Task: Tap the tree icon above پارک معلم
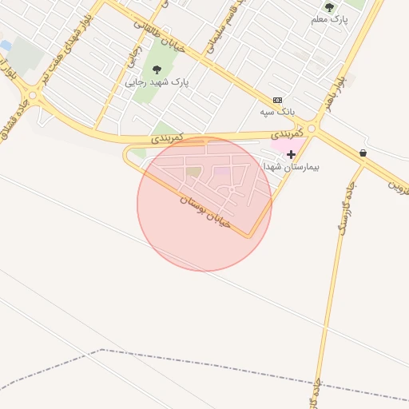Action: (329, 7)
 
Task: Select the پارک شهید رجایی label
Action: (156, 81)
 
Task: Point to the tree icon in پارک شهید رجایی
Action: (156, 69)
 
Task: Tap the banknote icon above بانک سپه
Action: (277, 100)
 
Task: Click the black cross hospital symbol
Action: (291, 153)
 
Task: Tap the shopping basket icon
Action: (363, 153)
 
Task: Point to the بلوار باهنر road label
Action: (339, 92)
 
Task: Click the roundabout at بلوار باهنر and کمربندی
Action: (312, 128)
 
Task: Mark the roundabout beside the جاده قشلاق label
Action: (33, 96)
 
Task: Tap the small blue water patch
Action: (6, 46)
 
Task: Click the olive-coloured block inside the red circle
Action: (193, 171)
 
